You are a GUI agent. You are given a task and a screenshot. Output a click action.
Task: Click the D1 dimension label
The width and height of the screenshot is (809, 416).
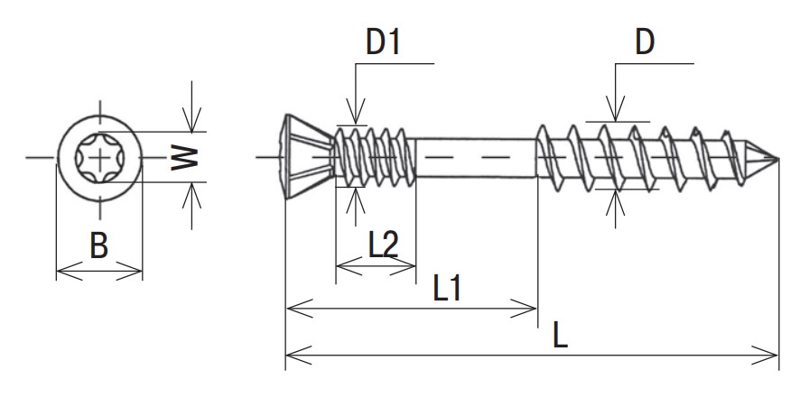383,42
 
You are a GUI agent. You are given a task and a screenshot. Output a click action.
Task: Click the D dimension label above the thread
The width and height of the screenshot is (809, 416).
645,42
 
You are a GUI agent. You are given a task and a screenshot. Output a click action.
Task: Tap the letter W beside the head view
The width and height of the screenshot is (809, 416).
184,158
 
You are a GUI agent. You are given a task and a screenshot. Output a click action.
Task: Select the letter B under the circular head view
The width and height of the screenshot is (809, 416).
99,245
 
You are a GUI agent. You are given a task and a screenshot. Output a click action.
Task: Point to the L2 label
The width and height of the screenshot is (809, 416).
384,245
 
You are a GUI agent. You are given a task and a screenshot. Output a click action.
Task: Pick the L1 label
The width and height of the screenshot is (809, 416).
447,288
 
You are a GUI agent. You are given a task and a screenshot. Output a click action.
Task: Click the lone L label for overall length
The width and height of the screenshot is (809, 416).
561,334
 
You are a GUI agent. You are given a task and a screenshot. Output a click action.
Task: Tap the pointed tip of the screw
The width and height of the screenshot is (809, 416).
777,158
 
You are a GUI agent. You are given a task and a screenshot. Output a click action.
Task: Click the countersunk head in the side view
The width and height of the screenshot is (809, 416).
308,157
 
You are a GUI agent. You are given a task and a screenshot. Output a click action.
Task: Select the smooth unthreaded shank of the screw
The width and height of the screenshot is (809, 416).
476,158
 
